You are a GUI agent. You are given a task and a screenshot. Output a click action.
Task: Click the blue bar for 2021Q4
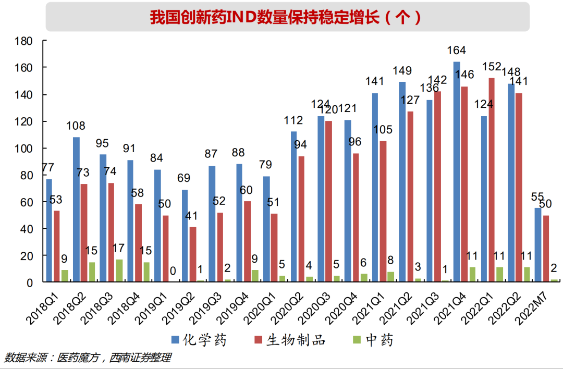(457, 172)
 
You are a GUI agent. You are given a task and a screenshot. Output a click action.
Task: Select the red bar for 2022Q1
(492, 180)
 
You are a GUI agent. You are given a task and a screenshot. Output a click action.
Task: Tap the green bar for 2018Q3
(119, 271)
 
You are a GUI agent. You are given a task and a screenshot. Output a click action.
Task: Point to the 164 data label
(457, 51)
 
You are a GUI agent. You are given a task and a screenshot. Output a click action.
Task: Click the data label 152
(492, 67)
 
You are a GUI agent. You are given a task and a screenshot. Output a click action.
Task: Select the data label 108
(76, 126)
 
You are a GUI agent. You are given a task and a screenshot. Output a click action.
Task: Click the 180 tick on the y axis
(24, 41)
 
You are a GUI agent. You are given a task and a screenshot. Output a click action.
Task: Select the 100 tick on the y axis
(24, 149)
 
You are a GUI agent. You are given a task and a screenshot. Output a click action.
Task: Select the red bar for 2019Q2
(193, 254)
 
